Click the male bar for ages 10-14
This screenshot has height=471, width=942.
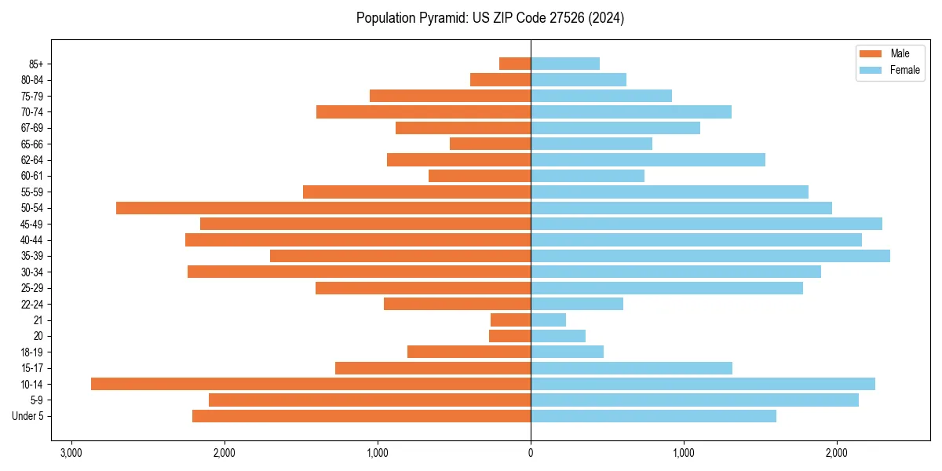311,384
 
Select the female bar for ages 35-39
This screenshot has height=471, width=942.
710,256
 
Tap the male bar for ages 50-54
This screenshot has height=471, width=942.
323,208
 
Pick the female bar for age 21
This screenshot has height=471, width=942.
549,320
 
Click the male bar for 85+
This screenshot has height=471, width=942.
515,64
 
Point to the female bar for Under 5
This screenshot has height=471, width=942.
653,416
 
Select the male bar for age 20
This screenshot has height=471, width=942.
510,336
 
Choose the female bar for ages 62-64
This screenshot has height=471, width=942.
648,160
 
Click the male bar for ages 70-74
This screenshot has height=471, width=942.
424,112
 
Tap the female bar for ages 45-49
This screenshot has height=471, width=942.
706,224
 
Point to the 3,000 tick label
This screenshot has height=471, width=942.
71,454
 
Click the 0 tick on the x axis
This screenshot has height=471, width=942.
531,454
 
